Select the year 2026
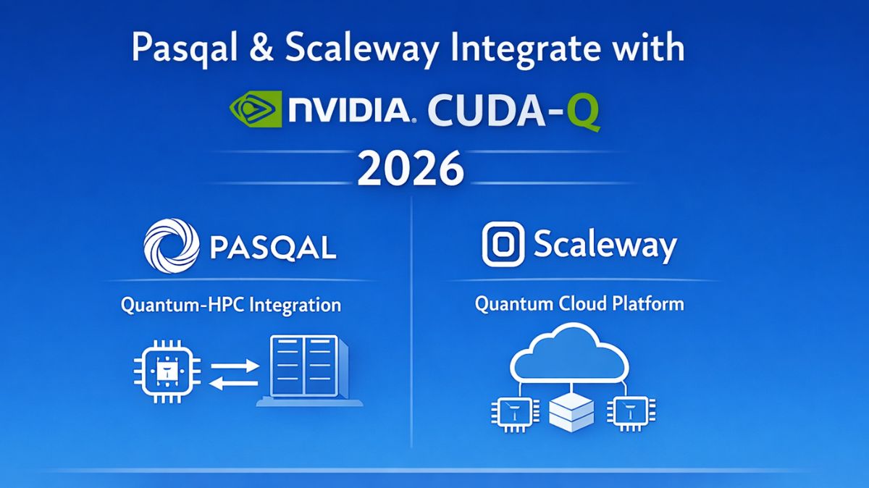point(411,169)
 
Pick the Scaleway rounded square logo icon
point(503,245)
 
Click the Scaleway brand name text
point(605,245)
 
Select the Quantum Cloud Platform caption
point(579,303)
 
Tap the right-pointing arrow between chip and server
point(234,365)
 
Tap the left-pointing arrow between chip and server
point(234,383)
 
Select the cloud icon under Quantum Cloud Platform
point(570,354)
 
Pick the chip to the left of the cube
point(513,414)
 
